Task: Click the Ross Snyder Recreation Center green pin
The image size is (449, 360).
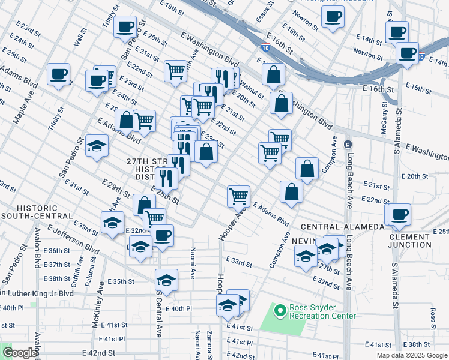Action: [x=279, y=311]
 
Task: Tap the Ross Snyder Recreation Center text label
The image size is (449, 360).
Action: [x=323, y=311]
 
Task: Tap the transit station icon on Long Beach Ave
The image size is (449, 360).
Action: [x=348, y=145]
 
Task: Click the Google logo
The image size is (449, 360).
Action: [x=20, y=353]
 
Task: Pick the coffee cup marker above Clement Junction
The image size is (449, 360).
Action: [x=399, y=214]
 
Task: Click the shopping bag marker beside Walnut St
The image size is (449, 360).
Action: [x=273, y=74]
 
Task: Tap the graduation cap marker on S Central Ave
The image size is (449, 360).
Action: [x=166, y=280]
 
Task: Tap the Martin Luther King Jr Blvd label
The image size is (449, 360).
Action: [x=37, y=293]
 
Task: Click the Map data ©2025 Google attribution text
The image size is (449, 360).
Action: [x=412, y=355]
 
